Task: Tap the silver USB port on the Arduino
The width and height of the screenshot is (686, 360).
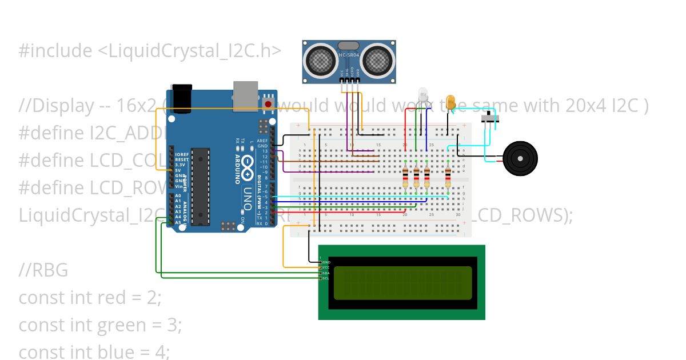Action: tap(246, 94)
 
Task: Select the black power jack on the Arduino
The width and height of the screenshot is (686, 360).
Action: tap(181, 95)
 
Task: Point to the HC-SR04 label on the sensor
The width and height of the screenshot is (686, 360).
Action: tap(349, 54)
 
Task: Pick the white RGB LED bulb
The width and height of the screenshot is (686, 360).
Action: tap(423, 95)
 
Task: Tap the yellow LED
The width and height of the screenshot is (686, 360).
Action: tap(450, 102)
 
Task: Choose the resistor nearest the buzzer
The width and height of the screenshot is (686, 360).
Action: tap(448, 177)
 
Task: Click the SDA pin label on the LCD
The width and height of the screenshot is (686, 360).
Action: tap(326, 273)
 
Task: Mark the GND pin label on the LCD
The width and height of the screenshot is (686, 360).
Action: tap(326, 262)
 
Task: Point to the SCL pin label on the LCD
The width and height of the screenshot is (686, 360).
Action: tap(326, 278)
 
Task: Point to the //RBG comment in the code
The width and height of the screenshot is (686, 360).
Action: tap(43, 270)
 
